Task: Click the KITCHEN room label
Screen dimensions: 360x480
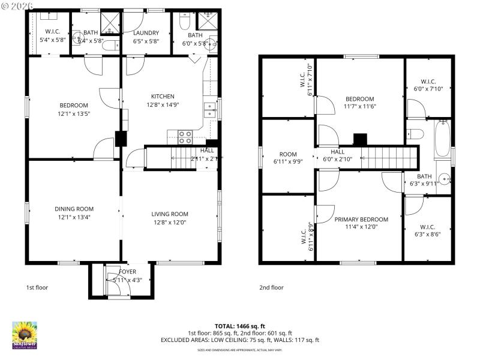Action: point(163,96)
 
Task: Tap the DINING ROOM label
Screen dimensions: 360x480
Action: point(74,209)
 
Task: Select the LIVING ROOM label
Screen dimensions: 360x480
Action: point(170,214)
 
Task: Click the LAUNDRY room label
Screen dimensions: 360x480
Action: point(146,33)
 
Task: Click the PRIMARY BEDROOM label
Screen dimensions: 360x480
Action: point(361,219)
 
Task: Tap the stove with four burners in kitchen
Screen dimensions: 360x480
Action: point(184,137)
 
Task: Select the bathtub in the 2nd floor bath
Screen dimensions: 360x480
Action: point(443,140)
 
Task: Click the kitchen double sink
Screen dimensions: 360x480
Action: point(209,109)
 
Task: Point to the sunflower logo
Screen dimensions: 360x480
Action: point(25,334)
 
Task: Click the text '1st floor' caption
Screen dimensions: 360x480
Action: point(37,287)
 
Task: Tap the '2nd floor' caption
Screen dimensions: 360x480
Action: point(271,287)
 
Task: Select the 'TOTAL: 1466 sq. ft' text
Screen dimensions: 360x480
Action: point(239,325)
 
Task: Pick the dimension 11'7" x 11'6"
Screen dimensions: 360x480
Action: point(359,107)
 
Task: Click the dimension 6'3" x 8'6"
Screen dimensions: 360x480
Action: point(427,235)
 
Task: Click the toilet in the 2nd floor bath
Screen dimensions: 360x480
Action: point(415,133)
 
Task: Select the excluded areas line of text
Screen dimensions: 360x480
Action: point(239,340)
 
